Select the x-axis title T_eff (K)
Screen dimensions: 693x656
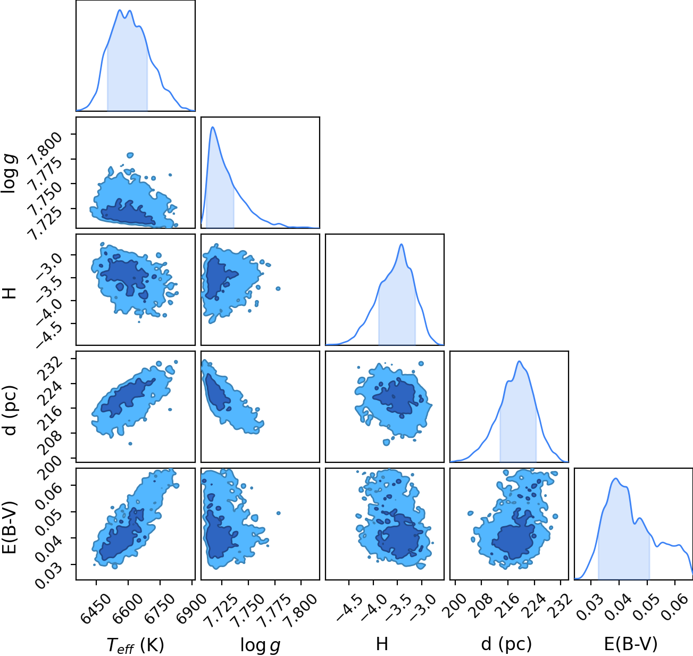136,645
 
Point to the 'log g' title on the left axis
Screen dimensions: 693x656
10,173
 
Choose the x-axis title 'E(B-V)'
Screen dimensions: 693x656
631,644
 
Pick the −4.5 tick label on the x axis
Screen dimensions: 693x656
349,605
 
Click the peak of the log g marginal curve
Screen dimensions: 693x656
213,127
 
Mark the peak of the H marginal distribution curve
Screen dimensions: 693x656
402,244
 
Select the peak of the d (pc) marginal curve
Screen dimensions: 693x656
519,361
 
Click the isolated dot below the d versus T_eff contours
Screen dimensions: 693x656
130,444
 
